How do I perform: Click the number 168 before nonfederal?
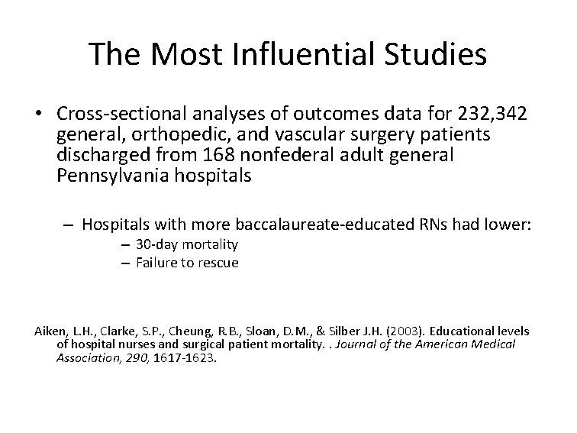(x=232, y=156)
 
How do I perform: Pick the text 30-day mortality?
(x=187, y=244)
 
